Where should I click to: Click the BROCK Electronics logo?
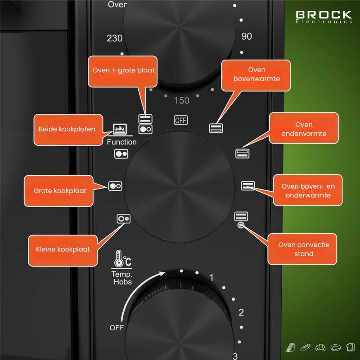[324, 17]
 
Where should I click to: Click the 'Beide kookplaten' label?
[67, 130]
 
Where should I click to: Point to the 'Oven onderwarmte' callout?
[304, 129]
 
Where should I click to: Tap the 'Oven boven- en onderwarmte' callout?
[308, 190]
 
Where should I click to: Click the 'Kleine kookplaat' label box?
[63, 249]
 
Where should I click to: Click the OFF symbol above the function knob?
[181, 120]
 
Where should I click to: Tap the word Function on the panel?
[121, 142]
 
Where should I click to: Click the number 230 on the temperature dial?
[115, 39]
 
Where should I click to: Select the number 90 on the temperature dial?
[247, 37]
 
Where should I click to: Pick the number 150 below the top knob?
[182, 100]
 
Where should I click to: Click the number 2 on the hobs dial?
[241, 313]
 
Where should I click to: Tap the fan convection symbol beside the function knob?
[242, 226]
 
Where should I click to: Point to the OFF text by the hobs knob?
[117, 328]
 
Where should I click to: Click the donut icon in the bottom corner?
[335, 347]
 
